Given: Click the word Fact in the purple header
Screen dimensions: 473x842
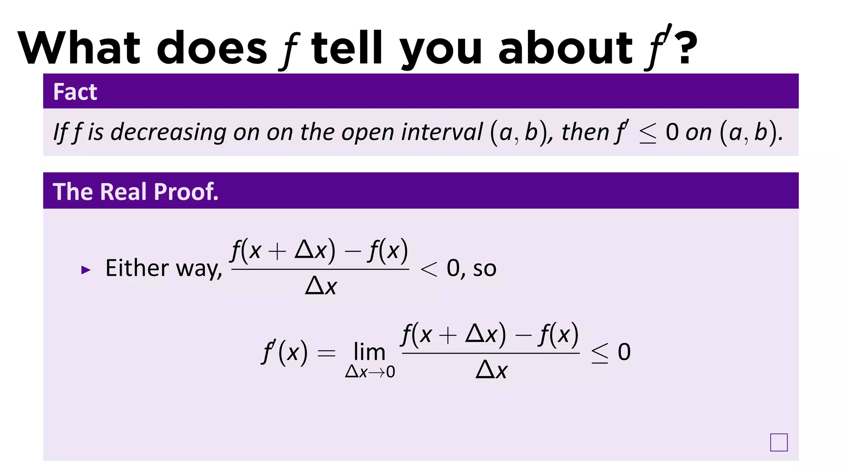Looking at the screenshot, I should pos(75,92).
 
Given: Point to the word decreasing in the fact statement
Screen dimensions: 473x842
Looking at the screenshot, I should pos(168,132).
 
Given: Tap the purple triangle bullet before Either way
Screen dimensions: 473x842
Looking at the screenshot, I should pos(86,270).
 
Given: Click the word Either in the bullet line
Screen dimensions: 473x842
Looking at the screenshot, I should pos(137,268).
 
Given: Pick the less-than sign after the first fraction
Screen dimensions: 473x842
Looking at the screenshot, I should pos(429,269).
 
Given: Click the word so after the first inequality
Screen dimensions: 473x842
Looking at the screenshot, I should pos(485,269).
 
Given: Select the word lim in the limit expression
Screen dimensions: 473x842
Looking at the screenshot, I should pos(369,352).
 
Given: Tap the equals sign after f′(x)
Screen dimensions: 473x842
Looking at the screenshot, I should pos(326,353).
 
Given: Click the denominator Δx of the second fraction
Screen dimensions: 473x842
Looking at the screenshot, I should pos(491,370).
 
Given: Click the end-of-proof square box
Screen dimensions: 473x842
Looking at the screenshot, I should pos(779,442).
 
